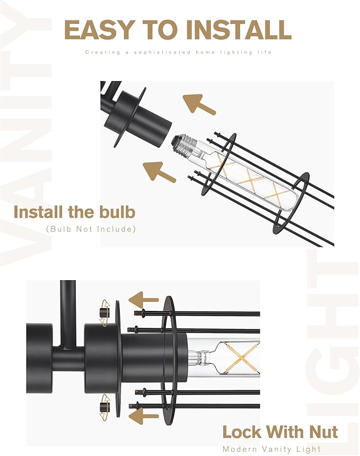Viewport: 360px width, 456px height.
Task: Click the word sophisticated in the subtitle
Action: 162,52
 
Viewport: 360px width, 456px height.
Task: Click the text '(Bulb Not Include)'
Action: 91,229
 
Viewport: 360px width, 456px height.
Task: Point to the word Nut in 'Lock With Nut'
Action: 323,432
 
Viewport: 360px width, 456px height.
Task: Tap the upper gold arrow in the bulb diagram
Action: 199,103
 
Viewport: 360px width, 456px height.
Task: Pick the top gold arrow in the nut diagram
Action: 144,300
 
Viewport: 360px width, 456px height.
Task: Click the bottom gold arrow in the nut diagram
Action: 144,416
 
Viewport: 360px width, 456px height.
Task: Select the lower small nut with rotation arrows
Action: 105,407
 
